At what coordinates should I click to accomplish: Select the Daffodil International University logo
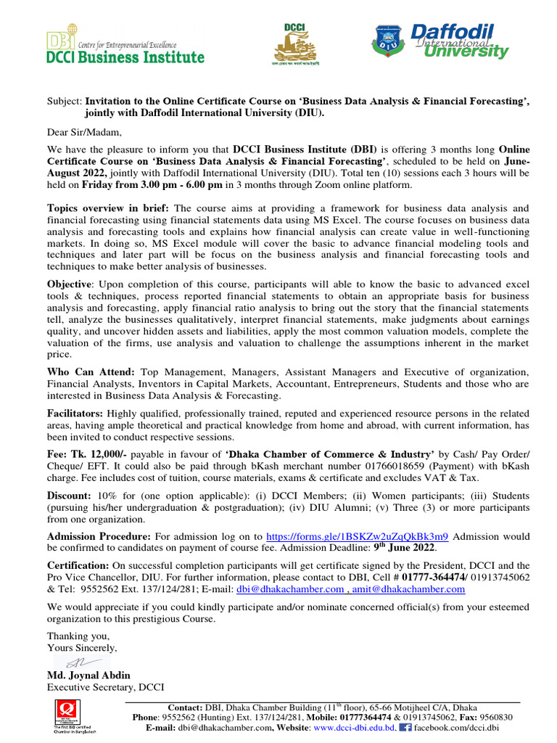[x=440, y=43]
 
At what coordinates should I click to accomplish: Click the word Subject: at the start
[x=65, y=102]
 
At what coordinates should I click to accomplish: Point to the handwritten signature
[x=77, y=662]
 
